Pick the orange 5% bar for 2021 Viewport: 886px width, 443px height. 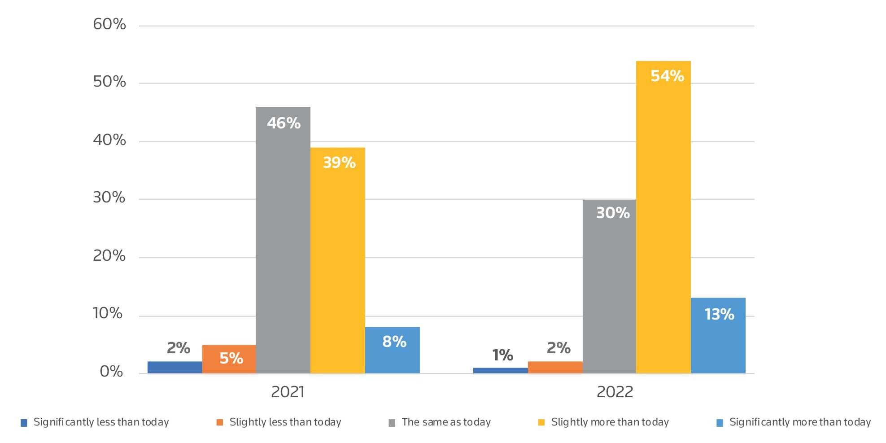pos(229,359)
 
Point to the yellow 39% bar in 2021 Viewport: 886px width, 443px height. pos(337,260)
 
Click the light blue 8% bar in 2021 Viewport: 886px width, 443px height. pos(392,350)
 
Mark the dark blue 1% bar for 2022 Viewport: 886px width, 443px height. pos(500,370)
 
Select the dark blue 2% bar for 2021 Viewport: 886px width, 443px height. pos(175,367)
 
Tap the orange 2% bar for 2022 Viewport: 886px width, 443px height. pos(555,367)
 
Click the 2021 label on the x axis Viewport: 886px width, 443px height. pos(288,392)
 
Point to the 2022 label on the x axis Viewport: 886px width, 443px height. pos(615,392)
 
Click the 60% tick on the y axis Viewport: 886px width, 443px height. pos(109,24)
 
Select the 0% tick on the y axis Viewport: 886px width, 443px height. pos(111,372)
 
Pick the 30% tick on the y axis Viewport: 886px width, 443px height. pos(109,197)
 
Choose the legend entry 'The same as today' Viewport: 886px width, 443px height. pos(446,422)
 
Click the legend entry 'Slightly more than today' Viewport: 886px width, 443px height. pos(610,422)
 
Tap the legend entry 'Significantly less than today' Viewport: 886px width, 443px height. pos(101,422)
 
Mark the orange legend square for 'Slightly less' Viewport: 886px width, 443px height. pos(219,422)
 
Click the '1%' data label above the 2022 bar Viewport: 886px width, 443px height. pos(502,355)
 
